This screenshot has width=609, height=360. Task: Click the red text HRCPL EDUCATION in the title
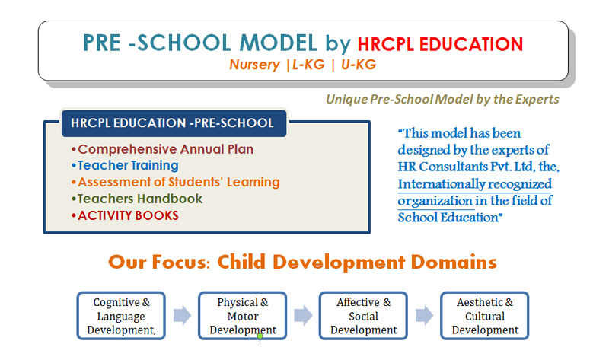tap(440, 44)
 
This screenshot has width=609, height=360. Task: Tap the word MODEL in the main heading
tap(278, 43)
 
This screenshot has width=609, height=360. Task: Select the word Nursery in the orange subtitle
tap(254, 65)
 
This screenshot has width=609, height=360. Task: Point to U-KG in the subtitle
tap(359, 65)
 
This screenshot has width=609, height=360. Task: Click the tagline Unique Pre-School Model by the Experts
tap(442, 100)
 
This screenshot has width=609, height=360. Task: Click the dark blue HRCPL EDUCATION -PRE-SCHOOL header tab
tap(174, 123)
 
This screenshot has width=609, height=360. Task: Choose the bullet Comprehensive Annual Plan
tap(162, 149)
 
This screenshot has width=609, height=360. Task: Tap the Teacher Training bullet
tap(125, 166)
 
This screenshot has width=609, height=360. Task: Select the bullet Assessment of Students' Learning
tap(176, 182)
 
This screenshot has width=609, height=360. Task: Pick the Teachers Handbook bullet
tap(137, 199)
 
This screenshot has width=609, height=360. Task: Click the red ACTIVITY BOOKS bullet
tap(125, 215)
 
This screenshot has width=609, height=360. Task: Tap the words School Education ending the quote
tap(448, 218)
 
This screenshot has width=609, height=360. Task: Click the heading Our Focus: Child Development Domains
tap(302, 262)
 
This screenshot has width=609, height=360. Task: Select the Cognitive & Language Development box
tap(121, 316)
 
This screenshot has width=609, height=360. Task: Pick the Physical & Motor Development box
tap(243, 316)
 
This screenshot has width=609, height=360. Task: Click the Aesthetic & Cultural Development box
tap(485, 316)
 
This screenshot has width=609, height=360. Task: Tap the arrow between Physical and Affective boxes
tap(303, 315)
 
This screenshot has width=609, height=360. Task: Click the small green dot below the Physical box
tap(260, 336)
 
